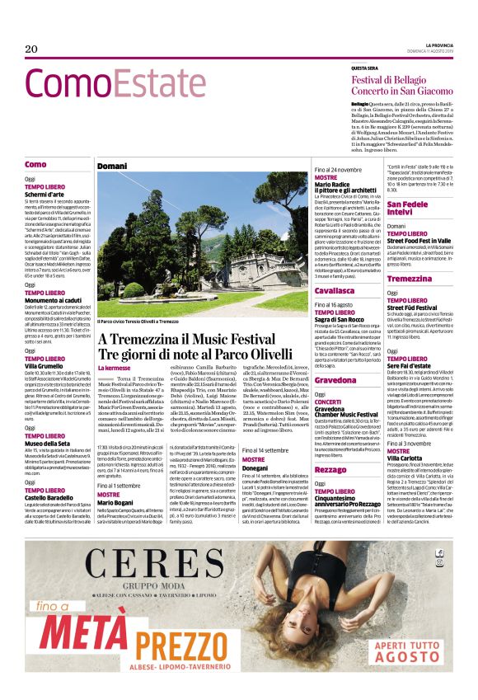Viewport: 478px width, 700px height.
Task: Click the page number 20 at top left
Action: [x=32, y=49]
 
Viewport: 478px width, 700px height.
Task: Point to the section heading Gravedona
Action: [x=335, y=380]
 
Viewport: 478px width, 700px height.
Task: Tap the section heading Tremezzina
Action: [x=410, y=278]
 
